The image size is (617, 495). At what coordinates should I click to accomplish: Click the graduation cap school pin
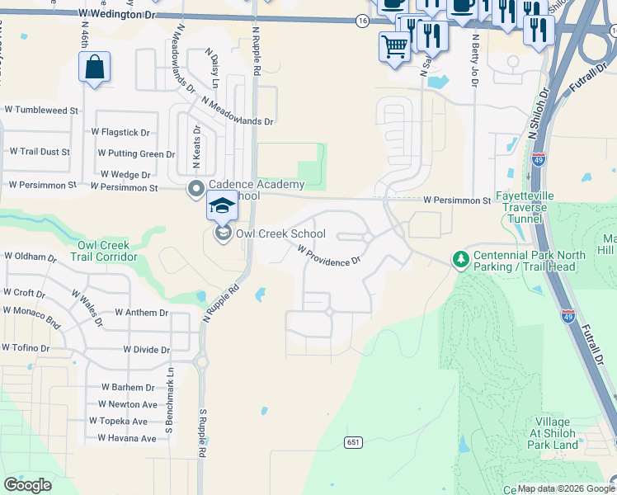pyautogui.click(x=222, y=205)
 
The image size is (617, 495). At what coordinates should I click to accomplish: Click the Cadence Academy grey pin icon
pyautogui.click(x=196, y=190)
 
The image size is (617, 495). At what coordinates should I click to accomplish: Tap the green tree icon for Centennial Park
pyautogui.click(x=460, y=260)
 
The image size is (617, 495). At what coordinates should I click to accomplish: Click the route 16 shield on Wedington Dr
pyautogui.click(x=362, y=20)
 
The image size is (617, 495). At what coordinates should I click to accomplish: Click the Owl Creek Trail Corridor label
pyautogui.click(x=107, y=251)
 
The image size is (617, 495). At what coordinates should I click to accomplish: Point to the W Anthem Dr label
pyautogui.click(x=141, y=313)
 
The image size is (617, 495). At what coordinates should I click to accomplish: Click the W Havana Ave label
pyautogui.click(x=126, y=438)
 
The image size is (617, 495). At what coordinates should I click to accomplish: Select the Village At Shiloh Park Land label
pyautogui.click(x=553, y=434)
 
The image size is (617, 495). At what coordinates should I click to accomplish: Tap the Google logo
pyautogui.click(x=28, y=485)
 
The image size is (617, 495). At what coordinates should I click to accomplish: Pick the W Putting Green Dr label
pyautogui.click(x=136, y=153)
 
